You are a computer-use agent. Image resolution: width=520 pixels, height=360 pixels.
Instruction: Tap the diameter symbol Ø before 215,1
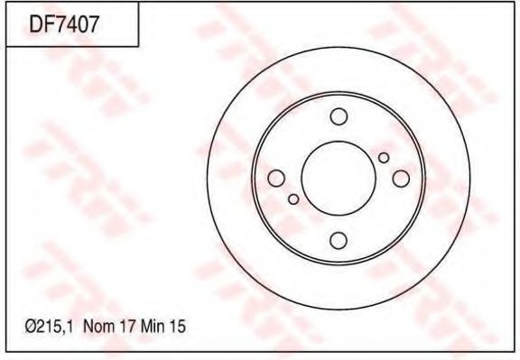point(31,327)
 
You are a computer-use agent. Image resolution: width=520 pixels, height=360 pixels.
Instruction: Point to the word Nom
point(99,327)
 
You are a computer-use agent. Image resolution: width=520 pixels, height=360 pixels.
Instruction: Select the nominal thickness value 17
point(128,327)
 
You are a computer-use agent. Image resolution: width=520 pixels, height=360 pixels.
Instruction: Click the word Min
point(153,327)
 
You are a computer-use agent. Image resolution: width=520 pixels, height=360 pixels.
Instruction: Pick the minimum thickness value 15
point(178,327)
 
